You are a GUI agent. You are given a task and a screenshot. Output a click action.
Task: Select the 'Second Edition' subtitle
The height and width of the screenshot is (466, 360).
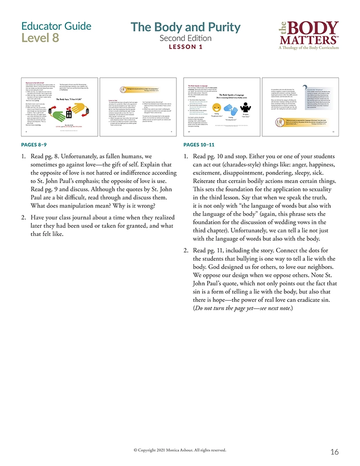[185, 38]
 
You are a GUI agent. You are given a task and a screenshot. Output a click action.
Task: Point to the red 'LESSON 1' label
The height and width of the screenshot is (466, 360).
[185, 47]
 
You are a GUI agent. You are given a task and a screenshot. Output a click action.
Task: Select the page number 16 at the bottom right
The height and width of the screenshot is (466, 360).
[334, 452]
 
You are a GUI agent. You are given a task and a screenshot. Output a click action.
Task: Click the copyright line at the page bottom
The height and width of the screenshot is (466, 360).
[179, 450]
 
